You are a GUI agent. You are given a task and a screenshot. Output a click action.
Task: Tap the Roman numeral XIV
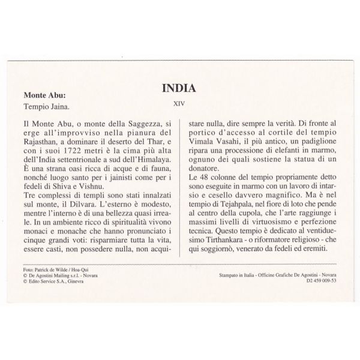click(x=179, y=103)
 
